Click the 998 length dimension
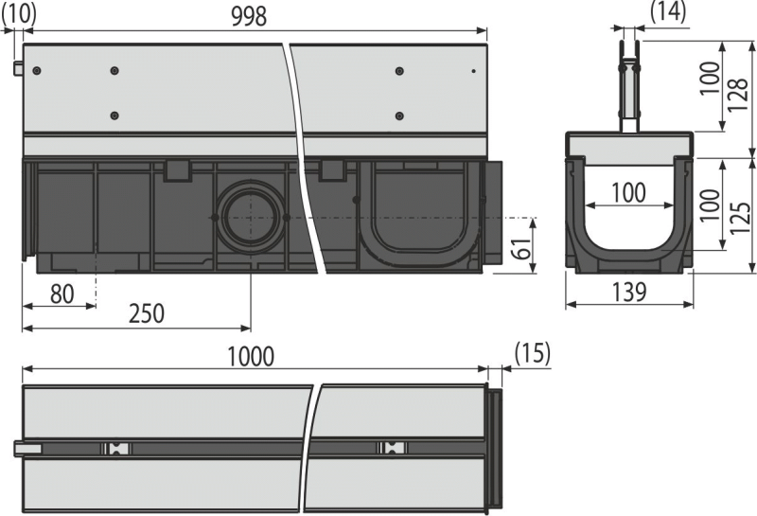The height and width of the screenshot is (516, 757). (x=249, y=16)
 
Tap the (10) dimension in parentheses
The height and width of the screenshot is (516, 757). (x=19, y=13)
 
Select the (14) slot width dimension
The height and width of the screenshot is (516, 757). (x=668, y=11)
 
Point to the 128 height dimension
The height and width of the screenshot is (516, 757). (x=739, y=96)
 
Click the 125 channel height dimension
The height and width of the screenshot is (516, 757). (x=740, y=218)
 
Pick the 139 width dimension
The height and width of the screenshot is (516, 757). (x=629, y=293)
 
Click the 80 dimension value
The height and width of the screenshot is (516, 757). (x=62, y=294)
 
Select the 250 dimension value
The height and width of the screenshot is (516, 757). (x=147, y=313)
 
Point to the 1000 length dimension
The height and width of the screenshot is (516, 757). (x=251, y=357)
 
